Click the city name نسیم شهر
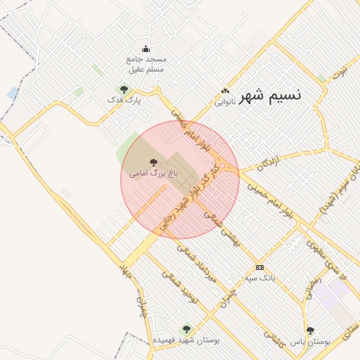[x=270, y=96]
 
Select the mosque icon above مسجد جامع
[x=146, y=49]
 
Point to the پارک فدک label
[x=124, y=101]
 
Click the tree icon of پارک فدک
[x=124, y=89]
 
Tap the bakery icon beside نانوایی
[x=225, y=91]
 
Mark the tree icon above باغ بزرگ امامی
[x=154, y=162]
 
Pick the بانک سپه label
[x=259, y=278]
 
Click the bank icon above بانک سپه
[x=259, y=268]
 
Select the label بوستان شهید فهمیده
[x=187, y=340]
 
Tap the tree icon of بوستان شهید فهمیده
[x=186, y=329]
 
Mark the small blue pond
[x=13, y=93]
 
